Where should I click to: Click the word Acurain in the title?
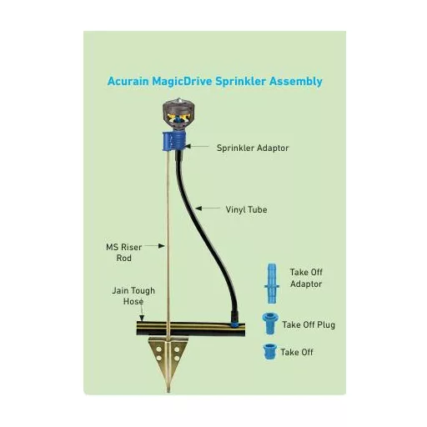[x=128, y=82]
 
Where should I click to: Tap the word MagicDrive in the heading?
[x=182, y=82]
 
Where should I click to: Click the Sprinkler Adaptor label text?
[x=253, y=148]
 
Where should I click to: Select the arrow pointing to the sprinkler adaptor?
[x=197, y=146]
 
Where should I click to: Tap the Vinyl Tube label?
[x=246, y=209]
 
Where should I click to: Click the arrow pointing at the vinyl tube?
[x=208, y=208]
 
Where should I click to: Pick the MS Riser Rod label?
[x=124, y=253]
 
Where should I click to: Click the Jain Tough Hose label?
[x=133, y=296]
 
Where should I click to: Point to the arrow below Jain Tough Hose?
[x=142, y=314]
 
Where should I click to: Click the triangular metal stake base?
[x=168, y=359]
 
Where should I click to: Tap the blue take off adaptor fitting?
[x=272, y=284]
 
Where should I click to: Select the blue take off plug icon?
[x=270, y=324]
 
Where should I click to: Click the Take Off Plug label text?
[x=309, y=324]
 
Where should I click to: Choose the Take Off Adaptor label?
[x=306, y=278]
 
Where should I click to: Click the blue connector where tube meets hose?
[x=234, y=324]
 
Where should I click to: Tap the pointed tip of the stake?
[x=168, y=391]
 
